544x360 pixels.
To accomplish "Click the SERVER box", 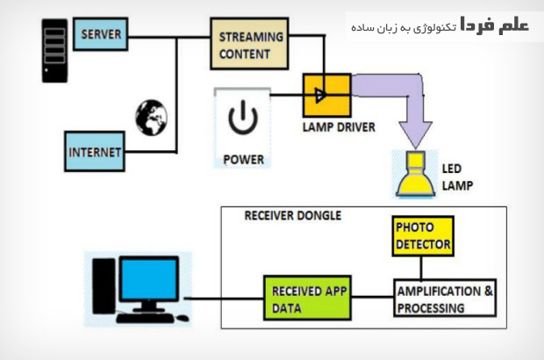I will (x=101, y=35).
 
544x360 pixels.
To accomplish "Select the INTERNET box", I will (x=96, y=152).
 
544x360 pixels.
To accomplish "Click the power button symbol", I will (x=242, y=118).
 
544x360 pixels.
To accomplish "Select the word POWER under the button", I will (x=243, y=159).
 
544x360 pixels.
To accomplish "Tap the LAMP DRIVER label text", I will (x=338, y=127).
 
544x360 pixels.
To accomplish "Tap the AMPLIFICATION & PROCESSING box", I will (x=445, y=299).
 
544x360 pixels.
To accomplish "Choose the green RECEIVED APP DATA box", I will (x=300, y=299).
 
